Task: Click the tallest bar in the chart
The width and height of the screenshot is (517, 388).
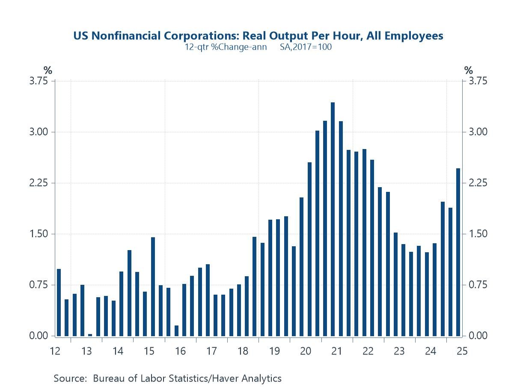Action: tap(333, 219)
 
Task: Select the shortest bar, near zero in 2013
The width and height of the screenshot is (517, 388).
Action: tap(90, 335)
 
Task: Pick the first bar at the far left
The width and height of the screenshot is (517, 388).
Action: tap(59, 302)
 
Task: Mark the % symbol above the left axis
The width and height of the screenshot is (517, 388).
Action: tap(48, 70)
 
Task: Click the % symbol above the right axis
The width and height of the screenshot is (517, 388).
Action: tap(469, 70)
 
